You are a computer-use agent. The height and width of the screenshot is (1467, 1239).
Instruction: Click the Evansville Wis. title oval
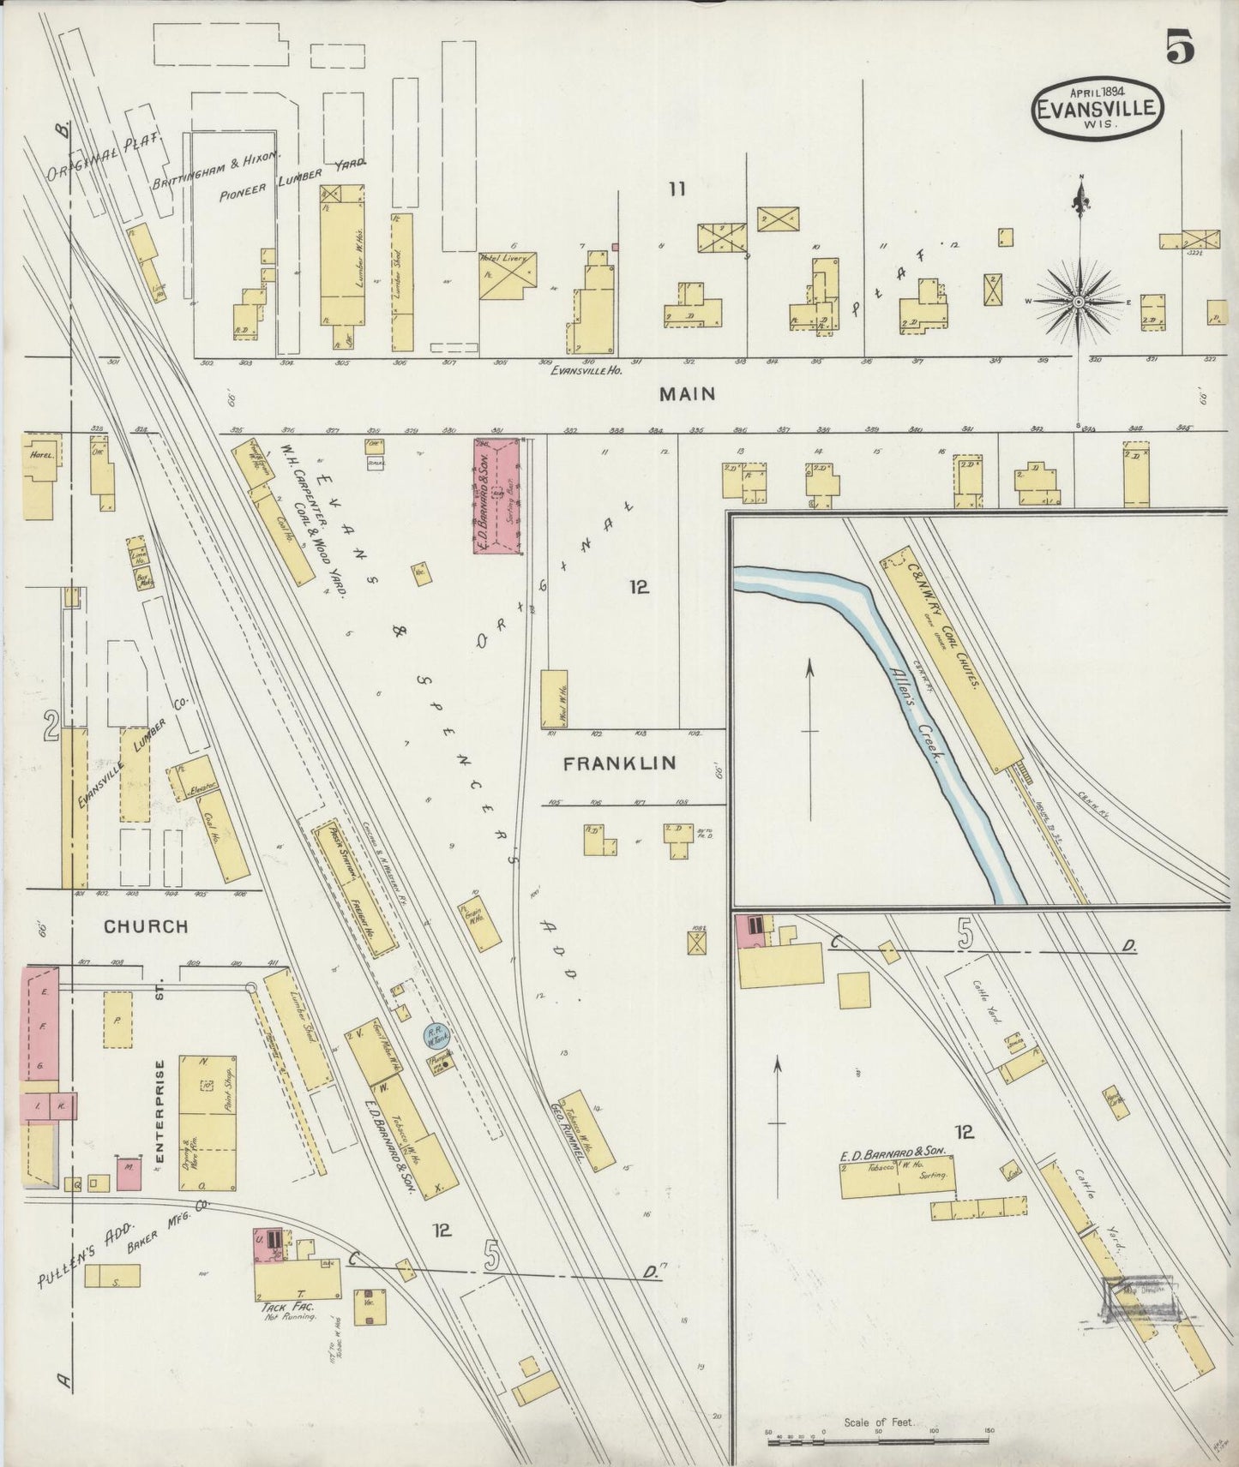tap(1098, 108)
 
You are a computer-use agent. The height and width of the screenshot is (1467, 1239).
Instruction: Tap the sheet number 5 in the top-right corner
tap(1180, 47)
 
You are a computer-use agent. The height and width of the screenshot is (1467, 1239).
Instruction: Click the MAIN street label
tap(687, 394)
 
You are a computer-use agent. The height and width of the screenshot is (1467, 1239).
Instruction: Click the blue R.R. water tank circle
tap(436, 1037)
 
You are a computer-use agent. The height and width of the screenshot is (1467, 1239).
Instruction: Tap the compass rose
tap(1079, 302)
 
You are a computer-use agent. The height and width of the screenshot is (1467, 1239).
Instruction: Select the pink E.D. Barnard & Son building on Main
tap(498, 496)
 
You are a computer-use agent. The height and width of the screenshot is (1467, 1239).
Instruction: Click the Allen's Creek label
tap(918, 716)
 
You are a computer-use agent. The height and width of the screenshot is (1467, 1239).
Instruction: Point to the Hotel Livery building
tap(508, 275)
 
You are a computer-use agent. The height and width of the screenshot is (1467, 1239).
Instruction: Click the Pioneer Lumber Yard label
tap(292, 180)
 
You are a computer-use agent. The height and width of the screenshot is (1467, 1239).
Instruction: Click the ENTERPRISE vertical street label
tap(159, 1112)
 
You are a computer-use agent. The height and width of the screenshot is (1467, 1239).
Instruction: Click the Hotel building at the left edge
tap(39, 476)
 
